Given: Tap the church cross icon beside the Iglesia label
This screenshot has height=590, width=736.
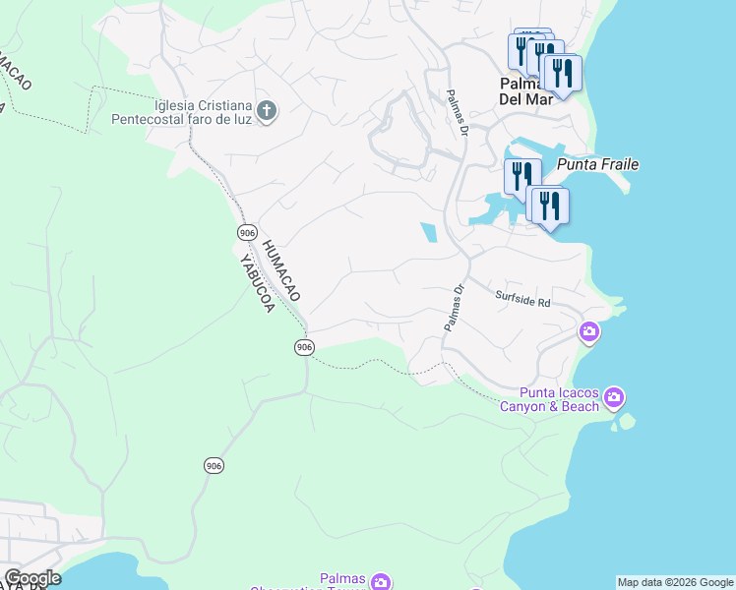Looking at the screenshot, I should click(x=266, y=112).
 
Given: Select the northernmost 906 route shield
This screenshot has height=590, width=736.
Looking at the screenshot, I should click(x=247, y=232).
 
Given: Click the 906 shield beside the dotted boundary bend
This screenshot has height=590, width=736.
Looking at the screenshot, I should click(x=304, y=347).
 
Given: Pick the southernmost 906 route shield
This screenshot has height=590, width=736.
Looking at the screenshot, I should click(x=215, y=465).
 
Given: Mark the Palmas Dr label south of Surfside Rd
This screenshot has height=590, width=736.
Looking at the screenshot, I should click(x=453, y=308).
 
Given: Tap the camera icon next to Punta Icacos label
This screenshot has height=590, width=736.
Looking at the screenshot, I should click(x=614, y=397).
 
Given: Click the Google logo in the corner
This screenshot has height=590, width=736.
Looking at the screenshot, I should click(x=31, y=578).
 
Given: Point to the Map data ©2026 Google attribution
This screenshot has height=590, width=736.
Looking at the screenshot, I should click(x=675, y=582).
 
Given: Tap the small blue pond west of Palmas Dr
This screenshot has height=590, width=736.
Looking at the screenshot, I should click(x=429, y=232).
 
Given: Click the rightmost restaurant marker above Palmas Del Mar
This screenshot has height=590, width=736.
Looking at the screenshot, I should click(x=561, y=74).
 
